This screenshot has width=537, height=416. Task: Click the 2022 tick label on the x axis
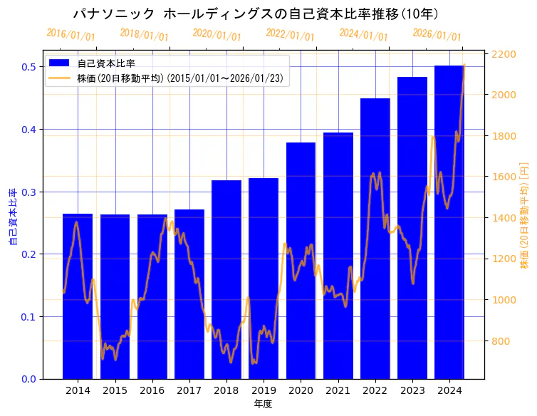[375, 390]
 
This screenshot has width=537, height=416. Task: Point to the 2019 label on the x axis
[264, 390]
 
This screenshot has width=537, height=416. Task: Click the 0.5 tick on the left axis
[29, 67]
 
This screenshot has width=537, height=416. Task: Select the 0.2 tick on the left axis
[29, 254]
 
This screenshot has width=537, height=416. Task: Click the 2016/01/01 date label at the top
[71, 34]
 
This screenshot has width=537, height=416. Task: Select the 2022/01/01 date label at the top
[290, 35]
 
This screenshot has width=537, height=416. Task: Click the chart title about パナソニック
[256, 14]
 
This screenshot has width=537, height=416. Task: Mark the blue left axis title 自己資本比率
[12, 217]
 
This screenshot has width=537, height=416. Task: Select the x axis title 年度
[263, 405]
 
